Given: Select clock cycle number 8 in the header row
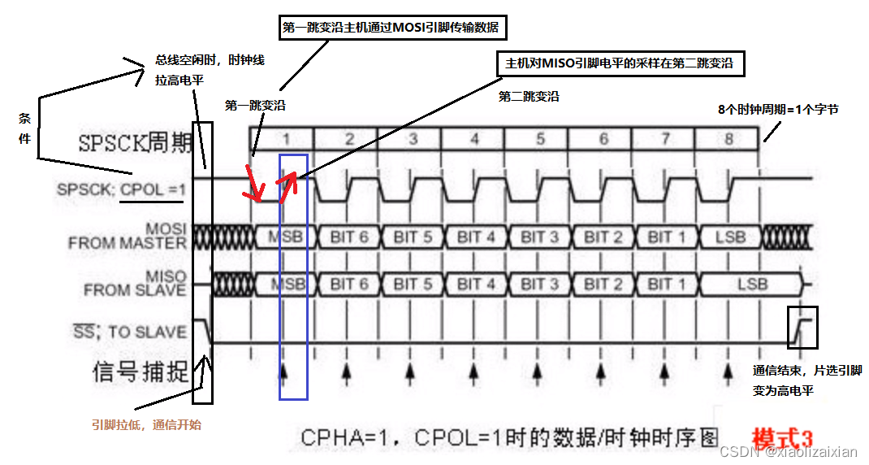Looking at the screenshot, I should coord(728,138).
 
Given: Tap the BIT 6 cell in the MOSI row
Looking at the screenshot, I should coord(349,237).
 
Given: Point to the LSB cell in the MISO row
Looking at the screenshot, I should coord(750,284).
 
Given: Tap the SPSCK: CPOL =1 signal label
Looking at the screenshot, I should coord(122,189).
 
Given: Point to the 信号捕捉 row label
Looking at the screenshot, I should coord(141,373).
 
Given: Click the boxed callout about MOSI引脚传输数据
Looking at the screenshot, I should coord(392,28).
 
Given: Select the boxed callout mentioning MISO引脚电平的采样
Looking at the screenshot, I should coord(620,63).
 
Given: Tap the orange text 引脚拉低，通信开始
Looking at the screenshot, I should coord(146,424).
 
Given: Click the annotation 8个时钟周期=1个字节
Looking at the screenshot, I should coord(777,109).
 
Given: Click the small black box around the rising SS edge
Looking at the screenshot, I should coord(802,327).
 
